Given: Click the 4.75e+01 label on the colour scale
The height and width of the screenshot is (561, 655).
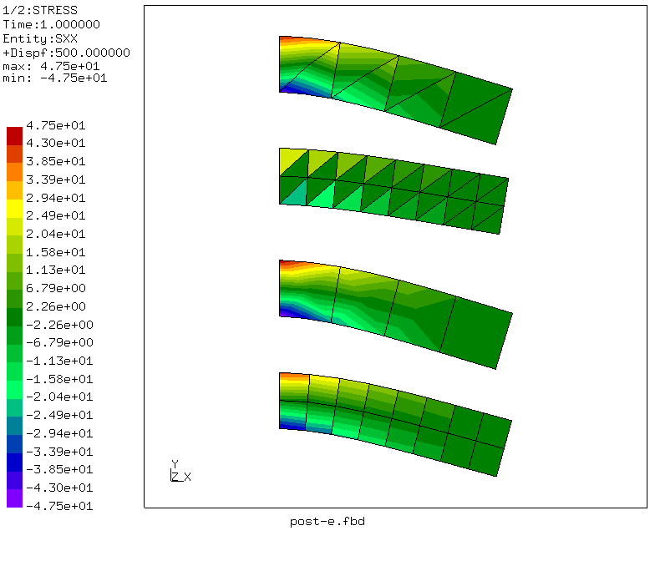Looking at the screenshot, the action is tap(55, 125).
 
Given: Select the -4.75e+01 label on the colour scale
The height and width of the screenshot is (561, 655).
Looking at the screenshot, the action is tap(59, 506).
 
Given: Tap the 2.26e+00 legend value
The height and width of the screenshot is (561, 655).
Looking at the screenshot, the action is tap(55, 306).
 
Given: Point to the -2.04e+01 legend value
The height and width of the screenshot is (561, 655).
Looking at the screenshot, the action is tap(59, 397).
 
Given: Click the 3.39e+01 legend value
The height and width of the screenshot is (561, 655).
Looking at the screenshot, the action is tap(55, 179).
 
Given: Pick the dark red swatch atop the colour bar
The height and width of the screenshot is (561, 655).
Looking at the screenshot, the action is tap(15, 136).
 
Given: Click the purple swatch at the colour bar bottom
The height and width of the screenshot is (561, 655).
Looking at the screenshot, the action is tap(15, 498).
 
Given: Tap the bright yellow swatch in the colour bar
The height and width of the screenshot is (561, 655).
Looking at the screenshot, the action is tap(15, 209).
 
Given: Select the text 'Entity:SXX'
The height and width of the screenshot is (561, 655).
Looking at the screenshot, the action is tap(40, 38).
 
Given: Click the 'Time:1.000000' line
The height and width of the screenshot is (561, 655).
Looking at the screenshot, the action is tap(52, 25).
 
